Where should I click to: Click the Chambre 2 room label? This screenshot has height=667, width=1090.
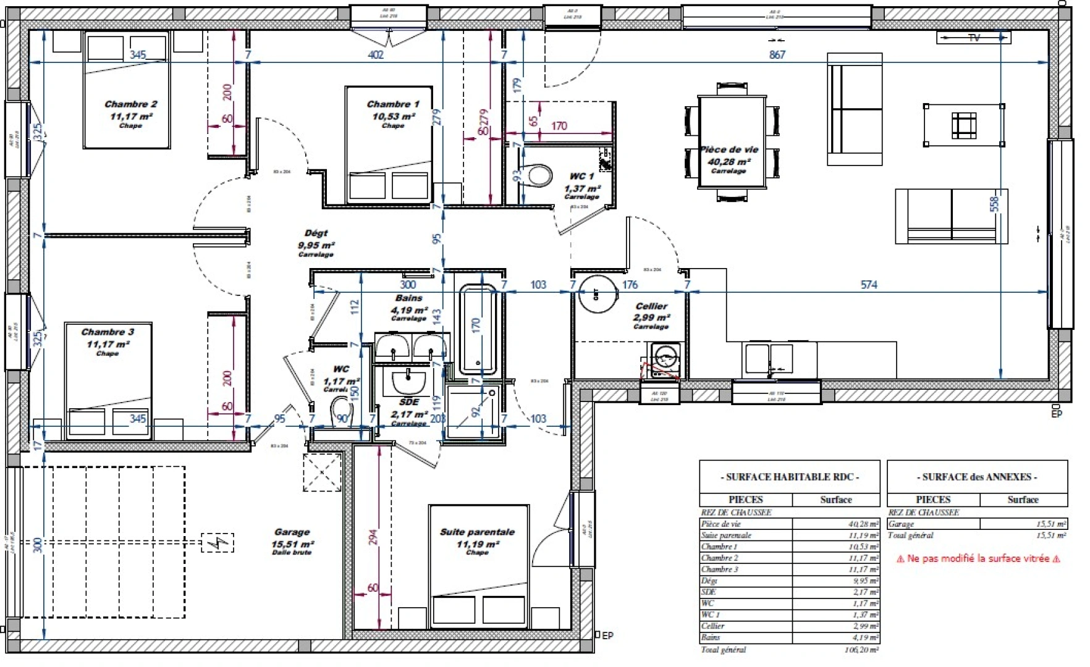[x=130, y=104]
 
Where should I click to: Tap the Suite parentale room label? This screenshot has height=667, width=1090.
[x=477, y=532]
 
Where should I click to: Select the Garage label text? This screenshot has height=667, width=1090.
[x=292, y=532]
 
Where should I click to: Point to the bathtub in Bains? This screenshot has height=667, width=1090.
[x=478, y=329]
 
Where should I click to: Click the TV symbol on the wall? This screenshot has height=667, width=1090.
[x=974, y=38]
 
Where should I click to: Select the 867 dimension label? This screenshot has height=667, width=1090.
[x=777, y=55]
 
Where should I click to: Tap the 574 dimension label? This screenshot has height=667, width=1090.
[x=869, y=285]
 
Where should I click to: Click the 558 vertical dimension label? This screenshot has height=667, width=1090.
[x=994, y=204]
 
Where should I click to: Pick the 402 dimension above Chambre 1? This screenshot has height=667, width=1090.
[x=376, y=55]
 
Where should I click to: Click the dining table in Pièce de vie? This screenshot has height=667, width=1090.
[x=732, y=141]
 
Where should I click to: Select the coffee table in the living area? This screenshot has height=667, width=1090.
[x=963, y=125]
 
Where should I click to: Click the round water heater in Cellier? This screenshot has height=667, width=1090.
[x=598, y=295]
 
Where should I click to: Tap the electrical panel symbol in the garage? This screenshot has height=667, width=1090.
[x=218, y=543]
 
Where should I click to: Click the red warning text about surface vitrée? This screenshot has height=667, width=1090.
[x=978, y=558]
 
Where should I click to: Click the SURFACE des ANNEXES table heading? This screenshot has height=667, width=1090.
[x=977, y=477]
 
